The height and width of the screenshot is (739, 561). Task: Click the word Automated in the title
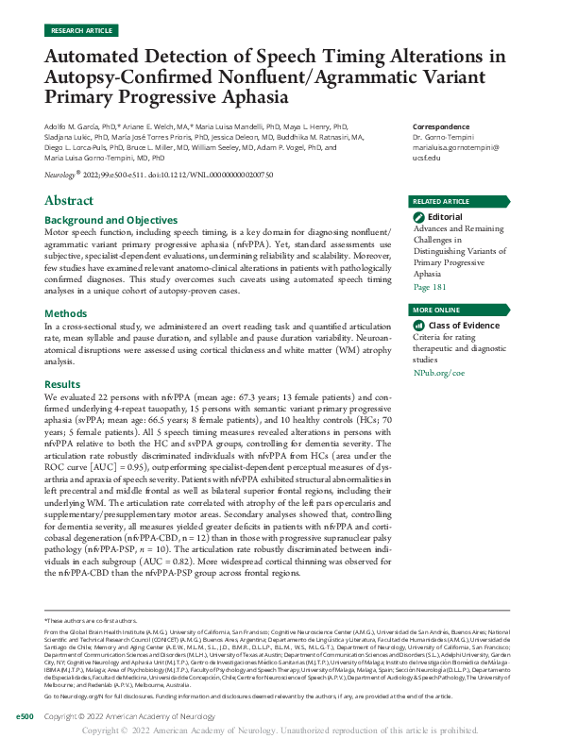pyautogui.click(x=96, y=57)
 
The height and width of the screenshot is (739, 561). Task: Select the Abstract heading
pyautogui.click(x=69, y=200)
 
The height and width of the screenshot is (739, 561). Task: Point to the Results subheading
pyautogui.click(x=64, y=384)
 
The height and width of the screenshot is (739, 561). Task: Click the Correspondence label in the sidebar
pyautogui.click(x=441, y=126)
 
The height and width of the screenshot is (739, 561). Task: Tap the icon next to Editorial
pyautogui.click(x=418, y=217)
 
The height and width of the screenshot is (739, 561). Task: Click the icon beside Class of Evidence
pyautogui.click(x=418, y=326)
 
